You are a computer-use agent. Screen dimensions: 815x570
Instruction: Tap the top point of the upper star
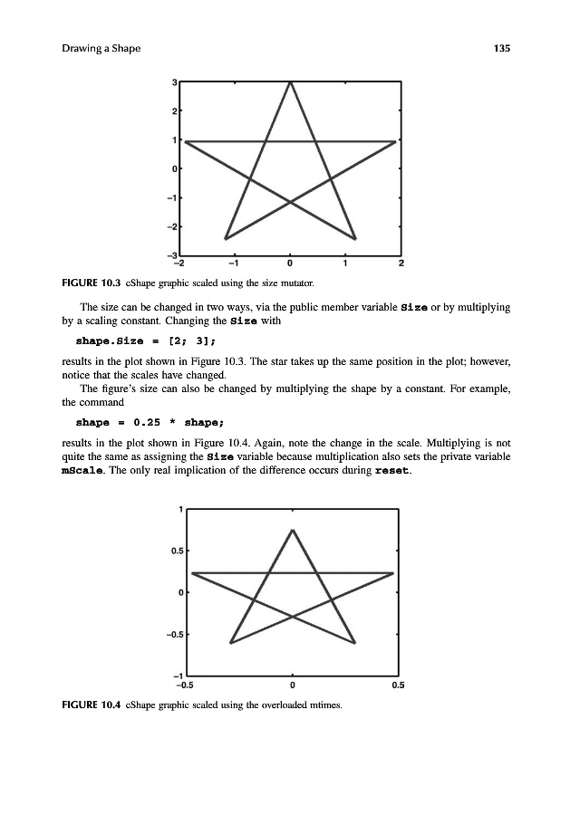click(x=290, y=82)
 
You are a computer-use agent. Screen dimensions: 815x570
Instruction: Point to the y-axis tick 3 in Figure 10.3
click(x=174, y=82)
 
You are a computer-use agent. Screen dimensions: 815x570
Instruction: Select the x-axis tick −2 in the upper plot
click(x=179, y=264)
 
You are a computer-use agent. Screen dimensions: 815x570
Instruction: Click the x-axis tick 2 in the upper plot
click(x=401, y=264)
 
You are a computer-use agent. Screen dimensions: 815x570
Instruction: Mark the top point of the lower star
click(x=292, y=530)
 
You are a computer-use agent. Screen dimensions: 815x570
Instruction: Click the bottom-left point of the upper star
click(x=226, y=238)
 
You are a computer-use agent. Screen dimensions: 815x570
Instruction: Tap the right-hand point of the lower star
click(x=393, y=572)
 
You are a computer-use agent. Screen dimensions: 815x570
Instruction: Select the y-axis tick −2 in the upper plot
click(x=172, y=225)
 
